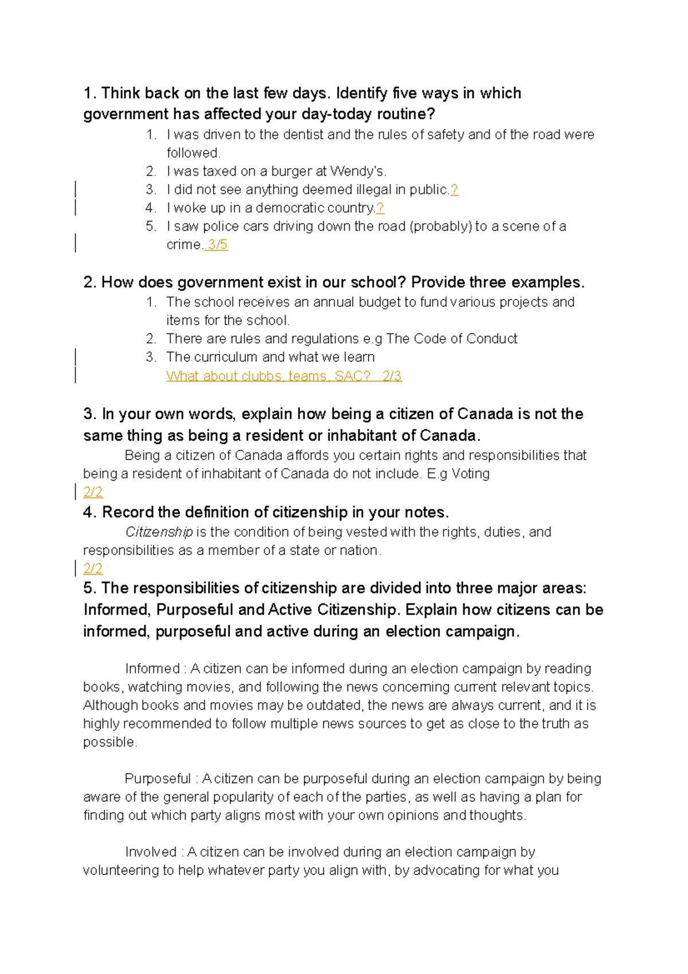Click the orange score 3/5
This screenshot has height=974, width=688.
(217, 245)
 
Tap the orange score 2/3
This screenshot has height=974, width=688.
(392, 376)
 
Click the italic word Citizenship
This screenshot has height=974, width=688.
(159, 532)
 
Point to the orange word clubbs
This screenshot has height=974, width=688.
(262, 376)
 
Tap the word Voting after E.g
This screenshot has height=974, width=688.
(470, 474)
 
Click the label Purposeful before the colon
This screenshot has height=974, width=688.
(158, 779)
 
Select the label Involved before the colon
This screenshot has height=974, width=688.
(151, 852)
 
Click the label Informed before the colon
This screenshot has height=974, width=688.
(153, 669)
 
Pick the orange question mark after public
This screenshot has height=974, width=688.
(454, 190)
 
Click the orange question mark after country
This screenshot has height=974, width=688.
(380, 208)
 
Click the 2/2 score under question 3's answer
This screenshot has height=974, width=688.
(93, 492)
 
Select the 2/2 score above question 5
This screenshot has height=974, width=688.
(93, 569)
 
